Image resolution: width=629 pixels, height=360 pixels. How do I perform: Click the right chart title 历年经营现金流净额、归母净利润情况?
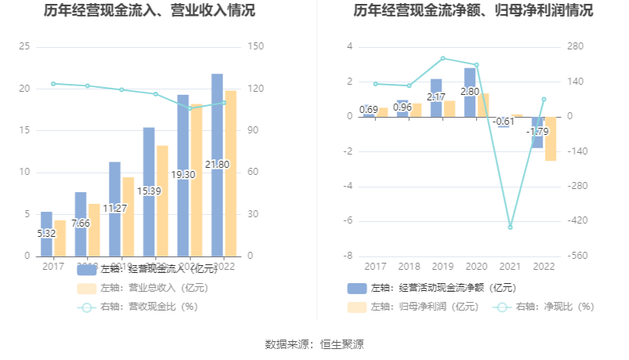pyautogui.click(x=473, y=11)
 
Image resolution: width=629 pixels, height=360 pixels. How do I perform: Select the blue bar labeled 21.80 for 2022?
pyautogui.click(x=217, y=165)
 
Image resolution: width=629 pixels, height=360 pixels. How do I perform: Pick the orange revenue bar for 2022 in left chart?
pyautogui.click(x=231, y=173)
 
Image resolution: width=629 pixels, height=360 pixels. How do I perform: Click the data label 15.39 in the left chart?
pyautogui.click(x=149, y=191)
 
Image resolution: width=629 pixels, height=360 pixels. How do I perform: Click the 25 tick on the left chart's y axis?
pyautogui.click(x=24, y=47)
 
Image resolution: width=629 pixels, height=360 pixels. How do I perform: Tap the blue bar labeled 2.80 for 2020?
pyautogui.click(x=470, y=92)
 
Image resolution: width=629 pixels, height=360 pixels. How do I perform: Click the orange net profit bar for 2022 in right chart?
pyautogui.click(x=551, y=139)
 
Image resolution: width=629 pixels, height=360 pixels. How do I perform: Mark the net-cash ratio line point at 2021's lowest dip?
pyautogui.click(x=510, y=227)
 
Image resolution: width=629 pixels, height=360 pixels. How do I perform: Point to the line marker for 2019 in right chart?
pyautogui.click(x=442, y=58)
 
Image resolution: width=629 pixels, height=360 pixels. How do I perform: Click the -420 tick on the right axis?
pyautogui.click(x=579, y=221)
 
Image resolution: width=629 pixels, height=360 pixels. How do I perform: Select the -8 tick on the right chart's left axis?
pyautogui.click(x=350, y=256)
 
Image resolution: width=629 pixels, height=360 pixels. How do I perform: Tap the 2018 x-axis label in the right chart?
pyautogui.click(x=409, y=267)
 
